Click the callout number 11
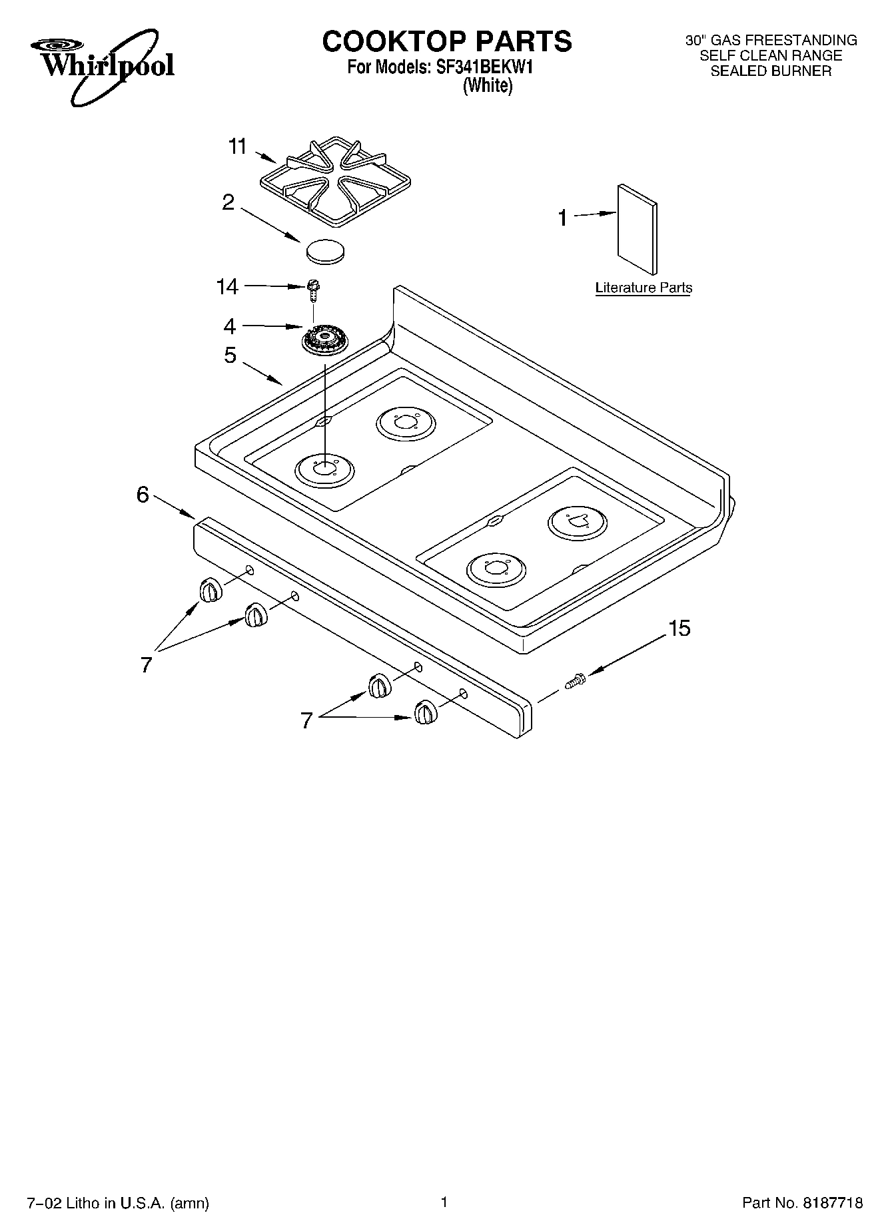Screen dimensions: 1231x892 tap(237, 146)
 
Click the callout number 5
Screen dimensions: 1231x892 tap(229, 356)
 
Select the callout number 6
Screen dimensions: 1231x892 tap(143, 495)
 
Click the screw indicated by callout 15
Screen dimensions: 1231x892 tap(575, 681)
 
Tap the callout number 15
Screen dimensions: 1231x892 tap(679, 628)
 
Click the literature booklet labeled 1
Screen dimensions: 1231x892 tap(638, 229)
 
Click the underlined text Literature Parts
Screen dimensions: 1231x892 tap(644, 288)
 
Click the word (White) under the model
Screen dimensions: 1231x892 tap(488, 86)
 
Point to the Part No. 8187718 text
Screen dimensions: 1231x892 tap(802, 1203)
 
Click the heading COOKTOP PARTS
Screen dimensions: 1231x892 tap(447, 41)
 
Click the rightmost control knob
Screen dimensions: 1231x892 tap(425, 713)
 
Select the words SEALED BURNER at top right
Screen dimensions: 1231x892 tap(771, 71)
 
